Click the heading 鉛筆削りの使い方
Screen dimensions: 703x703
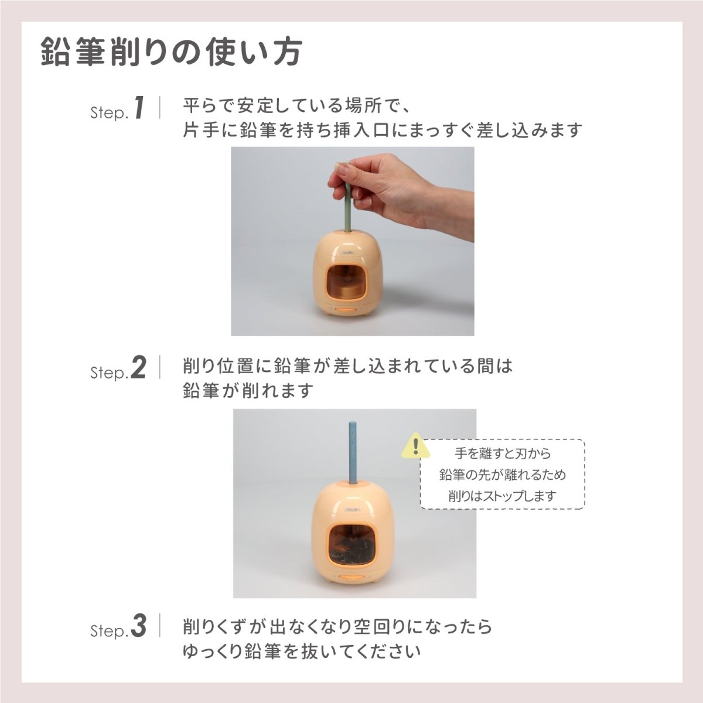tap(172, 53)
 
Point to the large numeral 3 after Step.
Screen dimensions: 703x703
tap(139, 626)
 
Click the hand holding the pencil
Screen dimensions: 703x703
tap(398, 187)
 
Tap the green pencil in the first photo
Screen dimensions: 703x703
tap(347, 199)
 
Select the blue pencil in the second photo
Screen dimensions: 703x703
tap(353, 451)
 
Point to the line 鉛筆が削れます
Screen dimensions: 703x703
tap(248, 390)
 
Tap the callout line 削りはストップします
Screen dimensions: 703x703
tap(502, 496)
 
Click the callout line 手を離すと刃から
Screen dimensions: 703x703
tap(502, 453)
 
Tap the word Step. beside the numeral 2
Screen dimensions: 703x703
tap(108, 373)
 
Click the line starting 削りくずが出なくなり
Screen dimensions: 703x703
tap(337, 626)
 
